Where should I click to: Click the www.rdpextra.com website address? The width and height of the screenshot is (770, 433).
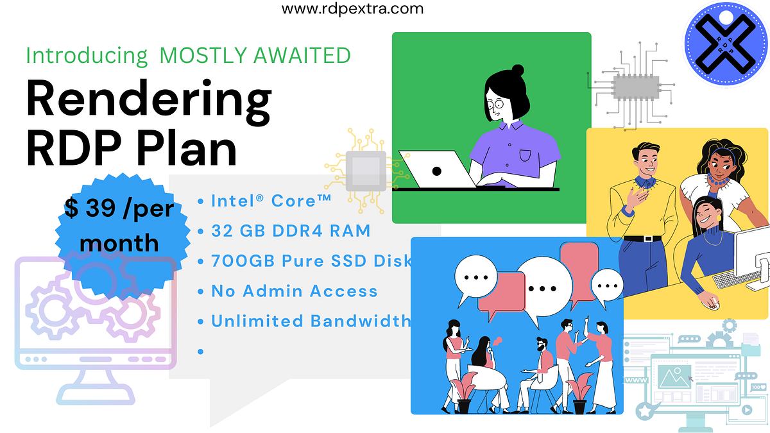click(353, 9)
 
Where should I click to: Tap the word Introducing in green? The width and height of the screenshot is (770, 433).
click(87, 55)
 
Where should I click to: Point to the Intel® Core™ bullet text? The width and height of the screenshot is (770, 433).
click(271, 200)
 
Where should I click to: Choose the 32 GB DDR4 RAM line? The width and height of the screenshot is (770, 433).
click(291, 231)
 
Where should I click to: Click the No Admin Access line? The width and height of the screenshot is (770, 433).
click(294, 291)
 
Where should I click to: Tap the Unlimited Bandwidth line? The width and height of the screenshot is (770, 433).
click(311, 321)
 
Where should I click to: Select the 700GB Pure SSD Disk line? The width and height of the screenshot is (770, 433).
click(311, 261)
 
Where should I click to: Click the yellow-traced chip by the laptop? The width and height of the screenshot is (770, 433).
click(366, 169)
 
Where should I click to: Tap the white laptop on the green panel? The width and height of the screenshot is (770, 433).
click(436, 170)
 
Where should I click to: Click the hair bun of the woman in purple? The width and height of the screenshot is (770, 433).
click(517, 70)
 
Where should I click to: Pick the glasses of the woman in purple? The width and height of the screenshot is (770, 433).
click(495, 105)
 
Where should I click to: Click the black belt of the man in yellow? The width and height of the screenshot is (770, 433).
click(642, 238)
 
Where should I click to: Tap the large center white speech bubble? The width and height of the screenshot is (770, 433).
click(543, 286)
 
